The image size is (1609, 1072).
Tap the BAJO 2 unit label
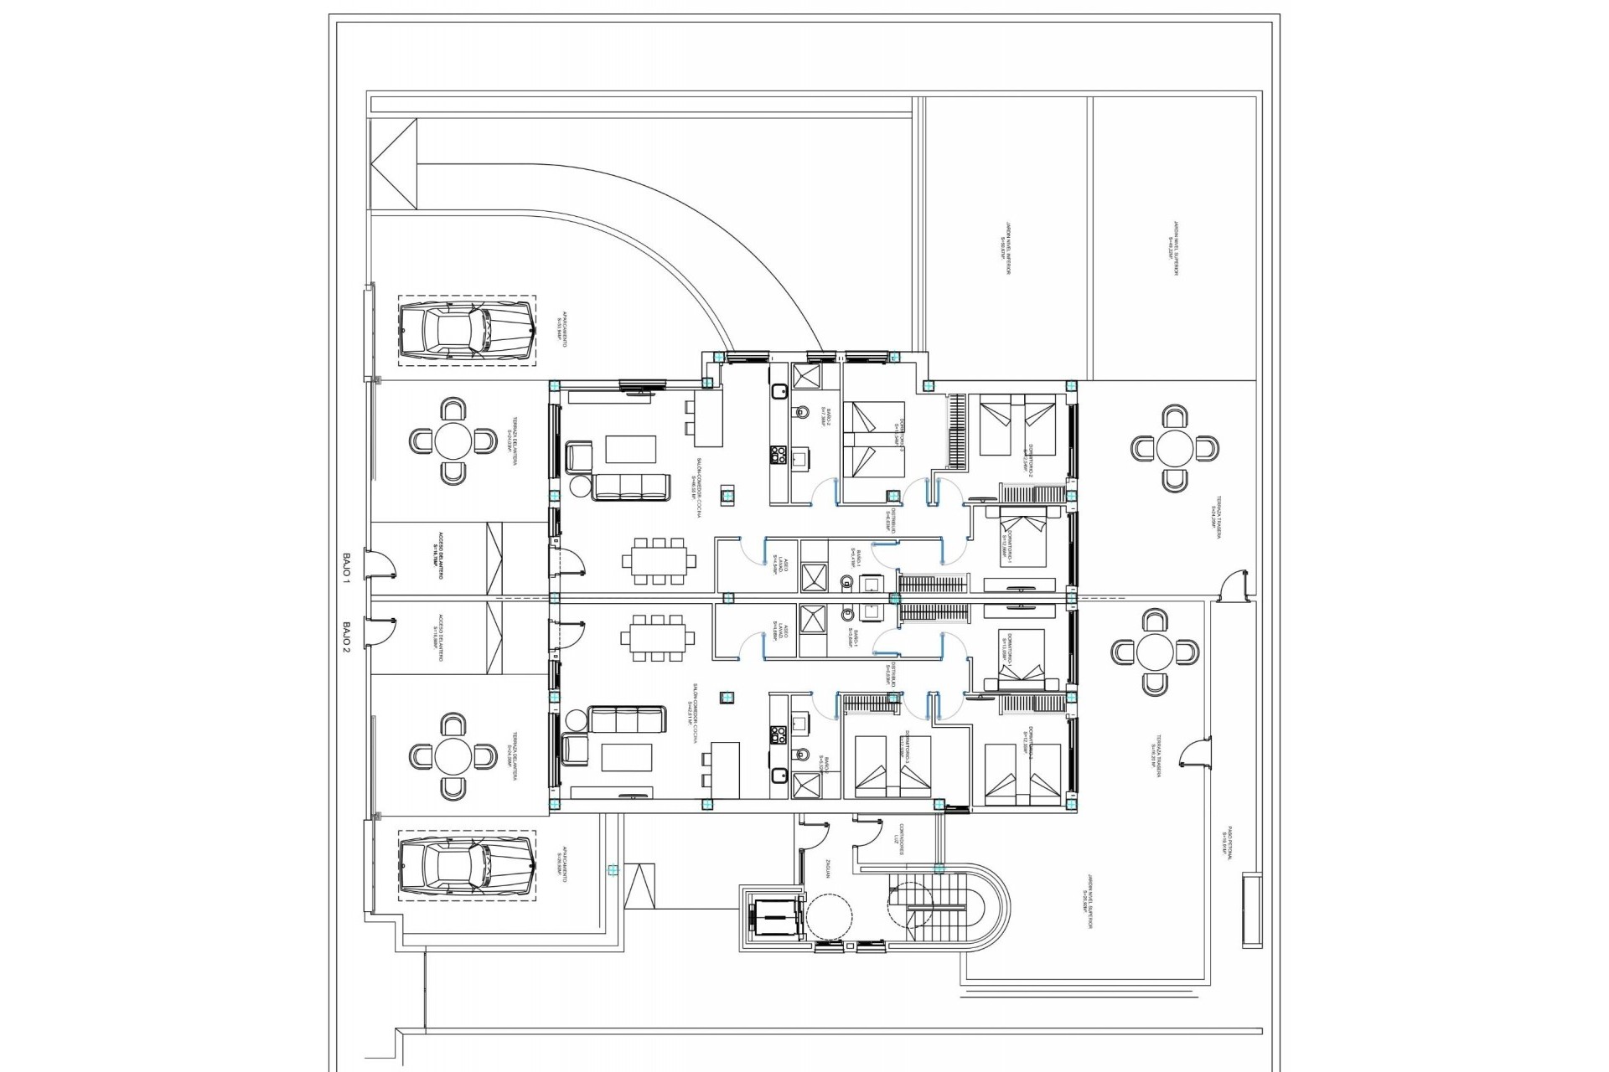pyautogui.click(x=346, y=636)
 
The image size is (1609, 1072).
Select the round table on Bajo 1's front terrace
pyautogui.click(x=453, y=440)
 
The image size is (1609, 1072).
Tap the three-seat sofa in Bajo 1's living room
pyautogui.click(x=630, y=487)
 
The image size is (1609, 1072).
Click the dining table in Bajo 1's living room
pyautogui.click(x=658, y=560)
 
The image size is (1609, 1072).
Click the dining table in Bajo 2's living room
pyautogui.click(x=658, y=637)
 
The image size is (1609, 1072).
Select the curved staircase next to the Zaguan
pyautogui.click(x=947, y=909)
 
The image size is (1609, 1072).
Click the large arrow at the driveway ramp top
pyautogui.click(x=393, y=164)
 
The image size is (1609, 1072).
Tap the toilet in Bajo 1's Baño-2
pyautogui.click(x=801, y=412)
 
